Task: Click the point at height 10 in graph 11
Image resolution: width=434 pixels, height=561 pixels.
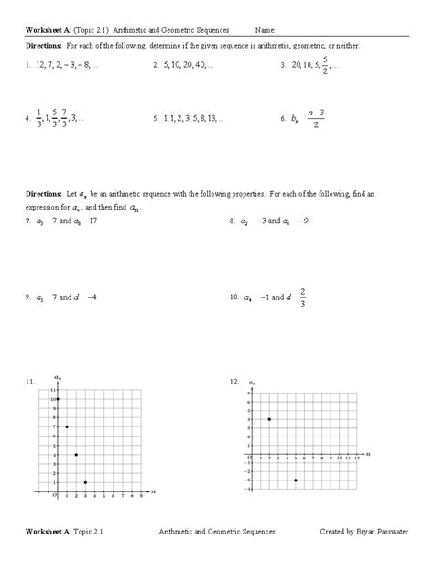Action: [57, 399]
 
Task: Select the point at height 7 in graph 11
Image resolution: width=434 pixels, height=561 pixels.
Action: [66, 426]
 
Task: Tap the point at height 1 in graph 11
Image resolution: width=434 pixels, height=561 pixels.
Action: [85, 482]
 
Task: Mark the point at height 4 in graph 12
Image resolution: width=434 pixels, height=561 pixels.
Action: [269, 419]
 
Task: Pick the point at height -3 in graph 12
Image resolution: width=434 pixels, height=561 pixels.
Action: [296, 480]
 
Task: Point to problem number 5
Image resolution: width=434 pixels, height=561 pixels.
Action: [156, 118]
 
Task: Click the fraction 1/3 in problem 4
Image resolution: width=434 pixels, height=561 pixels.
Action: [40, 118]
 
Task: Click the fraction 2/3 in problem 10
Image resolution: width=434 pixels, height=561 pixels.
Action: [303, 297]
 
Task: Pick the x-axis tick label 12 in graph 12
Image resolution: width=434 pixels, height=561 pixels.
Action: [358, 458]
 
